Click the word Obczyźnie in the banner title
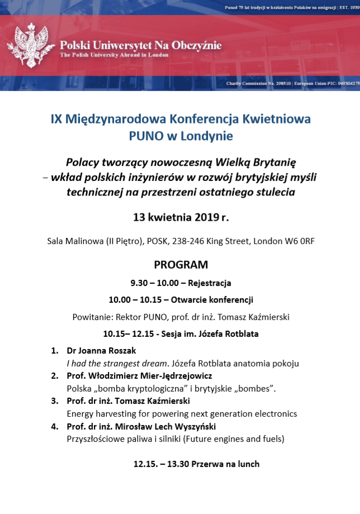(197, 45)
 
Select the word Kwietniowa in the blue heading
(276, 119)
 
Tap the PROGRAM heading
(181, 264)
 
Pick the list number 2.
(55, 376)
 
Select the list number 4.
(55, 426)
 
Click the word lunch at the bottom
(246, 464)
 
